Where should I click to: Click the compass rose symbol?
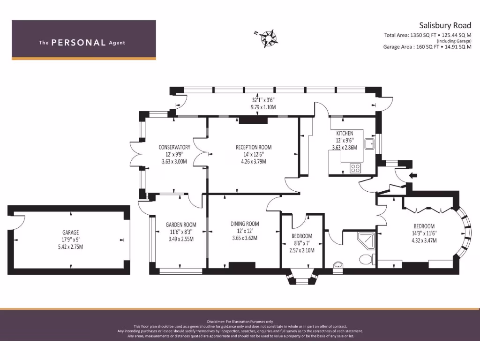click(268, 38)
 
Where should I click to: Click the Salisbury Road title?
click(444, 25)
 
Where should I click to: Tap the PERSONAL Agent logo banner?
click(83, 40)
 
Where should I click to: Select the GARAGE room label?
click(70, 232)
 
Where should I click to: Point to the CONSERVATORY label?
click(174, 147)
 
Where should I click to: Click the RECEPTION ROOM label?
click(253, 147)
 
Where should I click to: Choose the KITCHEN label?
click(345, 134)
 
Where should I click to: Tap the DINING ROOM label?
click(245, 224)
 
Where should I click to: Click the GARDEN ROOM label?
click(180, 225)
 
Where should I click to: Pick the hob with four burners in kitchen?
click(355, 168)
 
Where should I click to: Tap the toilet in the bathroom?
click(365, 258)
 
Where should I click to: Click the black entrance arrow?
click(413, 176)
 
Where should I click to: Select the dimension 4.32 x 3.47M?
click(424, 240)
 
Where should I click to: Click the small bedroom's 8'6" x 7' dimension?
click(302, 243)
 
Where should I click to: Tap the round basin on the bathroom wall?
click(338, 266)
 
